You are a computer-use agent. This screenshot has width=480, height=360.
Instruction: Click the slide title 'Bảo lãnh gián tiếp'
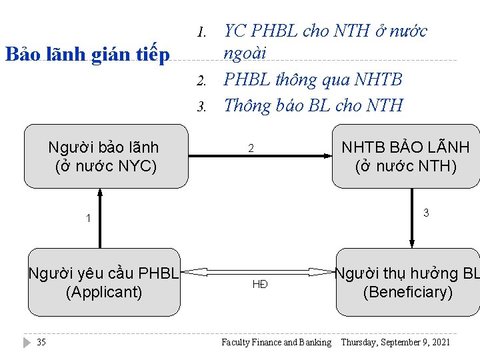click(87, 54)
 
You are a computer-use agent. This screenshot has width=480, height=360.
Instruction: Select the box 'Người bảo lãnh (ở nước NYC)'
click(105, 156)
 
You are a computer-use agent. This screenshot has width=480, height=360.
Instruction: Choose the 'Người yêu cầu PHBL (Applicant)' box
click(104, 282)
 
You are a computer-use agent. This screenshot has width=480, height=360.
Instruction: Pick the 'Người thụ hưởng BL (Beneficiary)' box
click(407, 282)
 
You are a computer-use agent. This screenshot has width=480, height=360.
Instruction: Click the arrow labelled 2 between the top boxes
click(260, 156)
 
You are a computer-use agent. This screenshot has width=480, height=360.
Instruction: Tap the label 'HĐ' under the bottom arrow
click(260, 284)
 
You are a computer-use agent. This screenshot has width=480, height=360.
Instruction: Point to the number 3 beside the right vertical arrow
click(425, 213)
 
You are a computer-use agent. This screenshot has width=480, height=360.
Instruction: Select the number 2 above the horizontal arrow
click(251, 148)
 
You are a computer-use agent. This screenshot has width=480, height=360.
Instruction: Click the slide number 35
click(41, 343)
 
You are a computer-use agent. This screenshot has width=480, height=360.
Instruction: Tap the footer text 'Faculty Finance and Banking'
click(276, 343)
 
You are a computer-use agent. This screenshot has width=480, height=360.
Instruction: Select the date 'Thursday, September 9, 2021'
click(395, 343)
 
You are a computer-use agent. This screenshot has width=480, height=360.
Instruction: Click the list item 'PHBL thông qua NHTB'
click(313, 80)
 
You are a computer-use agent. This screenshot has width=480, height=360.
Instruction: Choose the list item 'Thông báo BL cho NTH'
click(313, 105)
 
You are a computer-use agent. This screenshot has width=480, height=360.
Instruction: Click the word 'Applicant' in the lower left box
click(104, 292)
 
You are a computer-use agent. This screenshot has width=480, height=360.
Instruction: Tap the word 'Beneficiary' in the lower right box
click(407, 292)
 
